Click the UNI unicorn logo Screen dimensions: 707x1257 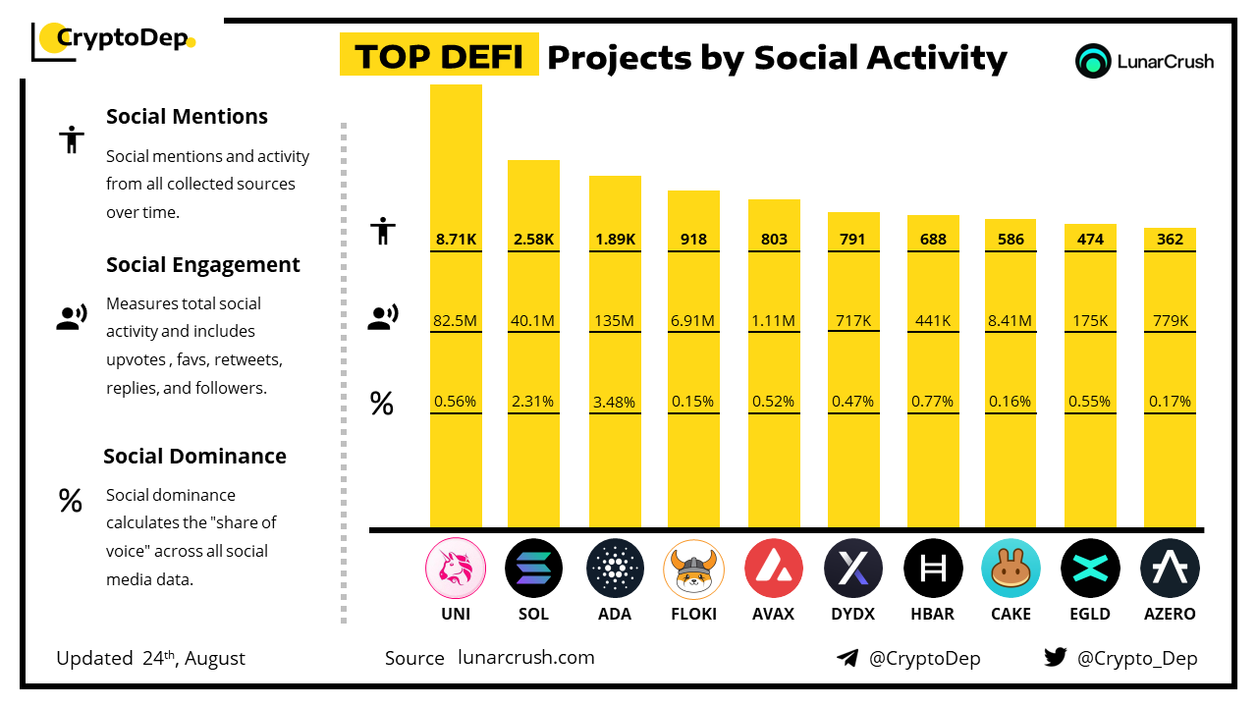click(456, 569)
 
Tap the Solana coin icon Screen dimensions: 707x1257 click(533, 569)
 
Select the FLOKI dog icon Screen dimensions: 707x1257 click(693, 569)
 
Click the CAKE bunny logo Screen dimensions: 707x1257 click(1011, 569)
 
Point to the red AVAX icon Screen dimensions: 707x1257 click(774, 569)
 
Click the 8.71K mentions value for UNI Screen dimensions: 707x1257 click(456, 239)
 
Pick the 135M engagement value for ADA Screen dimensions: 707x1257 click(615, 320)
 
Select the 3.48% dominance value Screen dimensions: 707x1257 click(615, 402)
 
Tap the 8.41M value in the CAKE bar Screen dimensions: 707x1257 click(1011, 320)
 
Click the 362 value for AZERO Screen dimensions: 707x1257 click(1170, 239)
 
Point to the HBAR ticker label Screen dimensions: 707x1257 click(932, 614)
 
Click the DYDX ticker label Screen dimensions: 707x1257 click(853, 614)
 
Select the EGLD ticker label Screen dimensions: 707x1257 click(1090, 614)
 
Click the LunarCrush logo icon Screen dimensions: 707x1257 click(1092, 61)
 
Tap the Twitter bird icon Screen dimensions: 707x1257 click(1055, 657)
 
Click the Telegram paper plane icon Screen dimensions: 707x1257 click(847, 658)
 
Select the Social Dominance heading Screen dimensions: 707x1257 click(194, 456)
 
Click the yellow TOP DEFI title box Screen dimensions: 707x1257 click(439, 56)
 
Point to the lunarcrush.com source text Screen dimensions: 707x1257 click(526, 658)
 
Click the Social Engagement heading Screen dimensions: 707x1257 click(203, 265)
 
